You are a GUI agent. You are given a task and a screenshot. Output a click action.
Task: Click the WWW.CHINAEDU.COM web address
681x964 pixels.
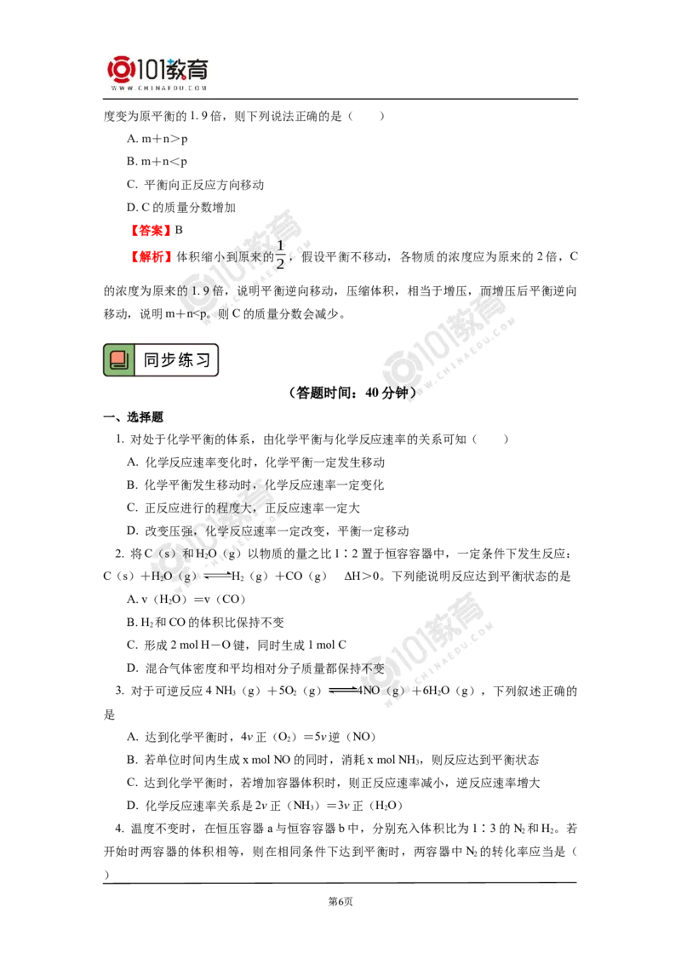pyautogui.click(x=159, y=88)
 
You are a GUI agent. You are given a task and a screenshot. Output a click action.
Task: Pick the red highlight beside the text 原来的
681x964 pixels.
pyautogui.click(x=152, y=255)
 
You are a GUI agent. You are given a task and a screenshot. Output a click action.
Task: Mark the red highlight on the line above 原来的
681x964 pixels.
pyautogui.click(x=151, y=230)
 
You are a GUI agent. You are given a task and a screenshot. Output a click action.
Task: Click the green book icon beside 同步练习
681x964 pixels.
pyautogui.click(x=119, y=360)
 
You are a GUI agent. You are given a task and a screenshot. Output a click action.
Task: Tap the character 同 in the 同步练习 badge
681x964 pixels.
pyautogui.click(x=152, y=360)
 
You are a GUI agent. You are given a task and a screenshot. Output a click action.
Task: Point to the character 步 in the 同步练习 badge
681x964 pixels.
pyautogui.click(x=169, y=360)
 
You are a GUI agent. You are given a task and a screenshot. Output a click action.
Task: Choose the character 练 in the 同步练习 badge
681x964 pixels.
pyautogui.click(x=187, y=360)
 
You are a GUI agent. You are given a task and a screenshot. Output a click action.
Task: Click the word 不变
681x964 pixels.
pyautogui.click(x=374, y=668)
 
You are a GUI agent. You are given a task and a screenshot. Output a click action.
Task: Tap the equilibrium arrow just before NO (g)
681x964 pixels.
pyautogui.click(x=344, y=691)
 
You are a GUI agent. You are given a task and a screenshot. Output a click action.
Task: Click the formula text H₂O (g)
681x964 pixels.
pyautogui.click(x=175, y=577)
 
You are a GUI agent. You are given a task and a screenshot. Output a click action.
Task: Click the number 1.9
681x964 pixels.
pyautogui.click(x=208, y=292)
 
